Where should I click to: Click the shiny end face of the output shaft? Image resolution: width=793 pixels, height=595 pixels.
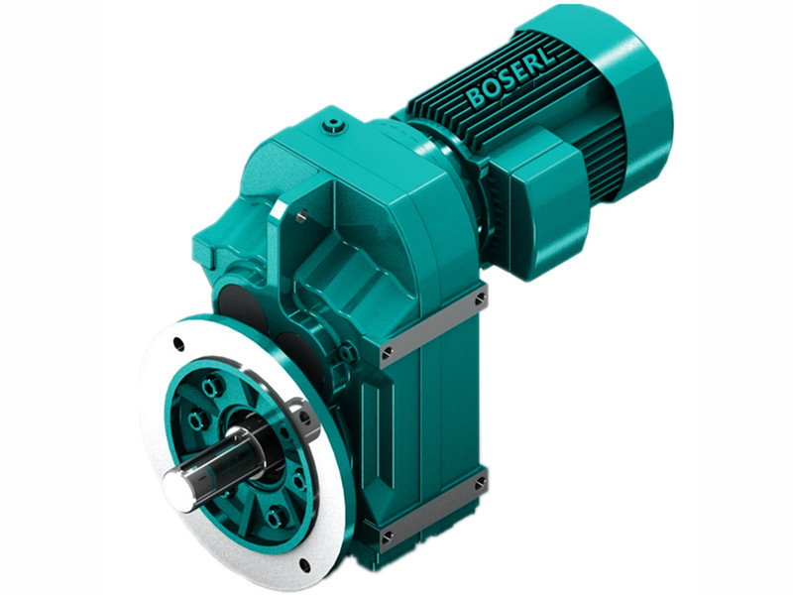[x=175, y=483]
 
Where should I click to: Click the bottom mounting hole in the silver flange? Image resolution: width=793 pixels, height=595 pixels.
[x=304, y=566]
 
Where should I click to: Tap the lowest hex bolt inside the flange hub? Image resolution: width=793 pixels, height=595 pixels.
[x=274, y=515]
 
